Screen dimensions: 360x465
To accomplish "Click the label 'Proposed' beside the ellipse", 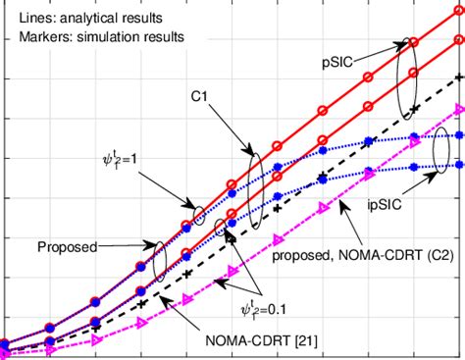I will pos(68,247).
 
